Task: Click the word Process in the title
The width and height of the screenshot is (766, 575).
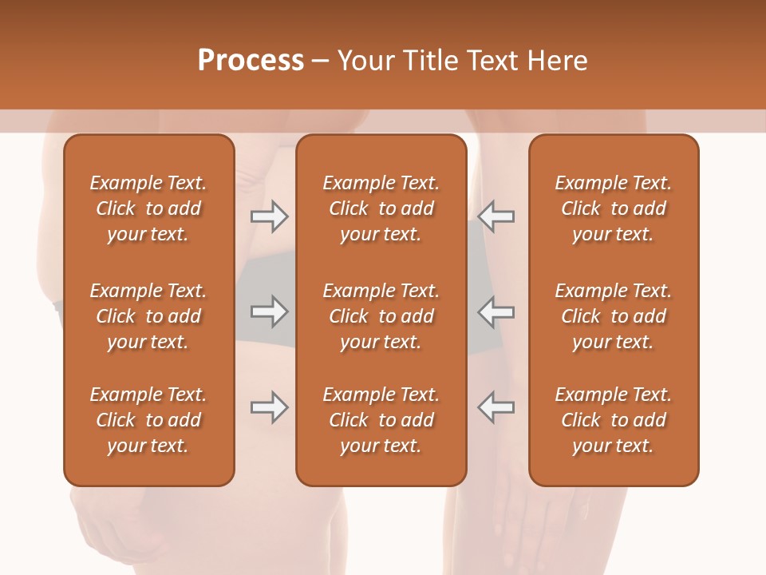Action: pyautogui.click(x=251, y=61)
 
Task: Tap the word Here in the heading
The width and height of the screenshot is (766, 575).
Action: pyautogui.click(x=557, y=61)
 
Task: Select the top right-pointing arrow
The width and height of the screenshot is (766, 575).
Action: pyautogui.click(x=269, y=216)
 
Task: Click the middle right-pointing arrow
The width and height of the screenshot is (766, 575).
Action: pyautogui.click(x=269, y=311)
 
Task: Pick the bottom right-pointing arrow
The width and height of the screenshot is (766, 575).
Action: pyautogui.click(x=269, y=407)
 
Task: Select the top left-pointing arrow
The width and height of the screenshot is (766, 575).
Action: pyautogui.click(x=496, y=216)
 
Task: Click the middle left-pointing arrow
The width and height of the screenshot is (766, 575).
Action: pyautogui.click(x=496, y=311)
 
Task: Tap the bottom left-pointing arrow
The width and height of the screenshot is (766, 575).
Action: pyautogui.click(x=496, y=407)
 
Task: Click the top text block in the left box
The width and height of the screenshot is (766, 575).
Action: pyautogui.click(x=148, y=208)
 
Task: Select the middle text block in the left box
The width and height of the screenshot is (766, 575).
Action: pyautogui.click(x=148, y=316)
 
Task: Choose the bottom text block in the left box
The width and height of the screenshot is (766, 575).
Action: pyautogui.click(x=148, y=420)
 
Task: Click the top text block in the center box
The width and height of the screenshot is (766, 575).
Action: pyautogui.click(x=381, y=208)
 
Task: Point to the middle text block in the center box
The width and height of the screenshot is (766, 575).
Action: pyautogui.click(x=381, y=316)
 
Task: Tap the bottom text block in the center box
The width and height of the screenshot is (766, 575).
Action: pyautogui.click(x=381, y=420)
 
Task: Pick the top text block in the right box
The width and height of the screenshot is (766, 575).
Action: pyautogui.click(x=613, y=208)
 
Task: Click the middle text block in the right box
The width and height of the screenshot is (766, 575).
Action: pyautogui.click(x=613, y=316)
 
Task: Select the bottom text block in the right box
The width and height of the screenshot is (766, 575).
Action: pyautogui.click(x=613, y=420)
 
